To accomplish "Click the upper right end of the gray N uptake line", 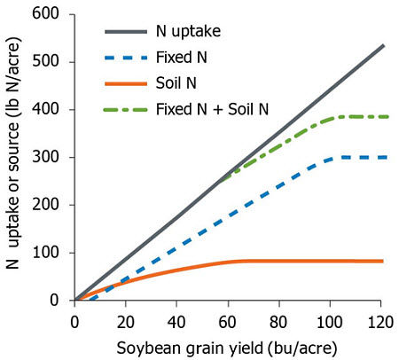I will [383, 45].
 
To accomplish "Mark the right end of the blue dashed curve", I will [383, 157].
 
